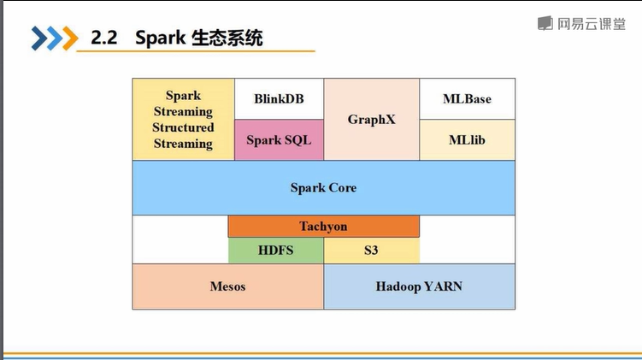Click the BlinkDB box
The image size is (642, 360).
coord(279,99)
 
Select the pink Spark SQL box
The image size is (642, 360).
coord(279,140)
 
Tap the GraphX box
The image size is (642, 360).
coord(371,120)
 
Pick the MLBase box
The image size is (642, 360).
coord(467,99)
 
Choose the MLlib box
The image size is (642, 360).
coord(467,139)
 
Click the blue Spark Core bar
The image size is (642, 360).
coord(323,187)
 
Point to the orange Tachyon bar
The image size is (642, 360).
coord(323,227)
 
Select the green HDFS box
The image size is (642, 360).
coord(275,251)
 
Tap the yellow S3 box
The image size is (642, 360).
coord(371,251)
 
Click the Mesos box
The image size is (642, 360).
coord(227,286)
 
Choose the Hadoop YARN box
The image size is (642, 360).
coord(419,286)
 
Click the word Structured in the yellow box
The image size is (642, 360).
coord(183,127)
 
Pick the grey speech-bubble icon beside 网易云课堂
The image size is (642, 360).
coord(545,24)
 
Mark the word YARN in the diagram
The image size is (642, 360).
coord(443,286)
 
